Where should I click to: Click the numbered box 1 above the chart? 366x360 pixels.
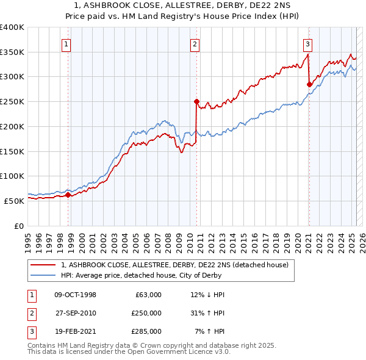[65, 43]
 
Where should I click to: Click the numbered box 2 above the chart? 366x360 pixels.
[195, 43]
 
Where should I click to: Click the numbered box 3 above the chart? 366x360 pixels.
[308, 43]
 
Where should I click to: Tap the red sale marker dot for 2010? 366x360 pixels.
[196, 102]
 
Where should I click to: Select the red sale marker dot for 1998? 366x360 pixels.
[68, 195]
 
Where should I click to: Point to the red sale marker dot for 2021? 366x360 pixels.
[309, 84]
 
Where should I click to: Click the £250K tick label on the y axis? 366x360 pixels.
[12, 101]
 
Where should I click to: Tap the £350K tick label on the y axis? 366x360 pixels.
[12, 52]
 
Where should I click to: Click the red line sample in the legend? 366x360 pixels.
[43, 265]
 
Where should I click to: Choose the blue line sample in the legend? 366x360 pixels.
[43, 275]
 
